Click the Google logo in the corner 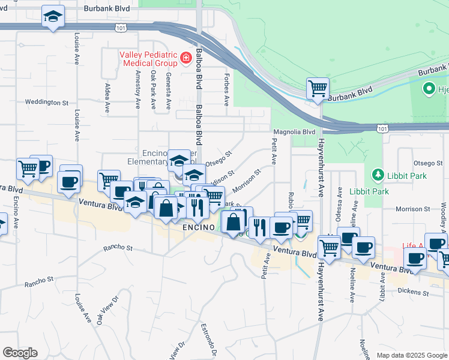pos(20,353)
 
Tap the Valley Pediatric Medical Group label pos(148,58)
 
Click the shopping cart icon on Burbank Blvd pos(318,89)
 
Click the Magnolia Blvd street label pos(294,131)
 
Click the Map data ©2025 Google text pos(411,355)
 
